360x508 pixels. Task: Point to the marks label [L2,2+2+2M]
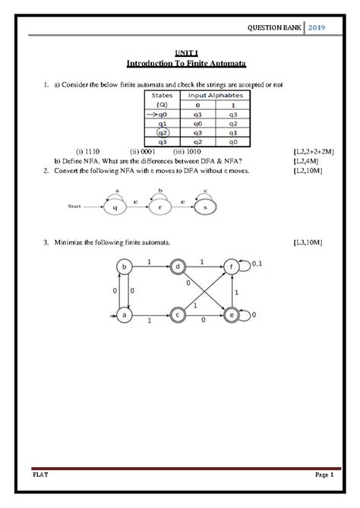pyautogui.click(x=313, y=151)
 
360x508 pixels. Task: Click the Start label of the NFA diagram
pyautogui.click(x=74, y=205)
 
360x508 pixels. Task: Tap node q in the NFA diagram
pyautogui.click(x=115, y=205)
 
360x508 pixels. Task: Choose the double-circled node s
pyautogui.click(x=204, y=205)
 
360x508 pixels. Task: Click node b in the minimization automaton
pyautogui.click(x=121, y=267)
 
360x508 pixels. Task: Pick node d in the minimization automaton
pyautogui.click(x=178, y=267)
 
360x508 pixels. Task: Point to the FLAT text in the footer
pyautogui.click(x=38, y=475)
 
